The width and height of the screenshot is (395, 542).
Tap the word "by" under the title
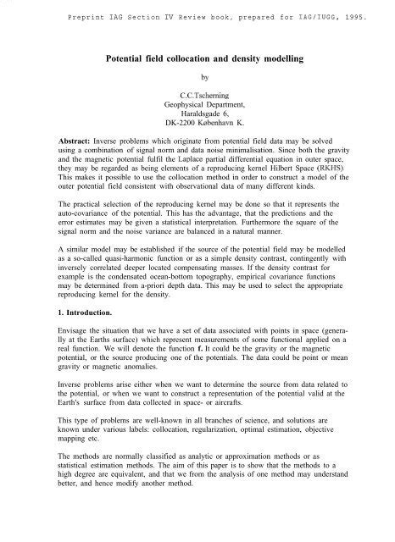[x=197, y=84]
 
